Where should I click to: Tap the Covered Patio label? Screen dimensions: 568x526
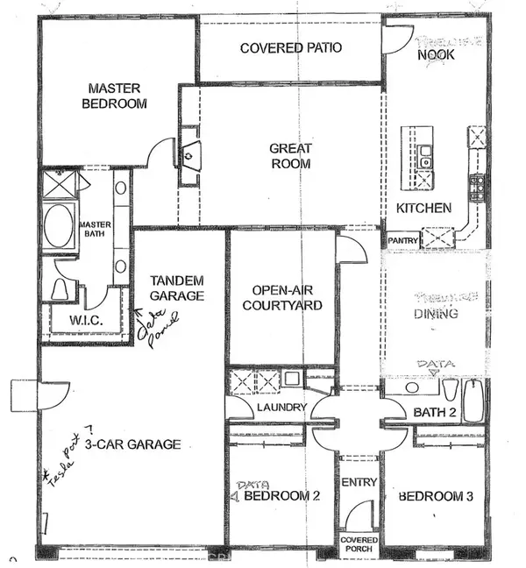point(291,47)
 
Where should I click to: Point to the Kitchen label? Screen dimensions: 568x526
point(423,209)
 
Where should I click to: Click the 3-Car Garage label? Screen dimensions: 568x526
point(132,444)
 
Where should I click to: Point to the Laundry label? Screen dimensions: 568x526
point(281,408)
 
